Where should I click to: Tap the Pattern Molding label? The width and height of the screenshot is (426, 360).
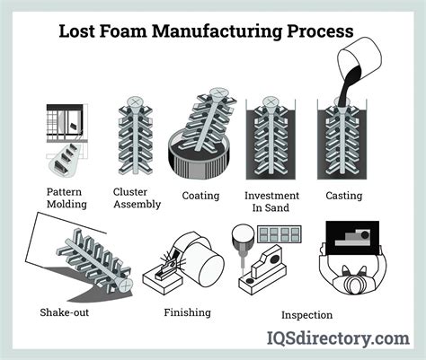coord(67,198)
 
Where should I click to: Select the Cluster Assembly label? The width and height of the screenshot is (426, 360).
coord(137,198)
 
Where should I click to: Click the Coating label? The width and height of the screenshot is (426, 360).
coord(200,196)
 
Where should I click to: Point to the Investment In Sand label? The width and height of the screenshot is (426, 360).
coord(272,202)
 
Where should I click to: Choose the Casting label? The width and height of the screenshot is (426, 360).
coord(344,196)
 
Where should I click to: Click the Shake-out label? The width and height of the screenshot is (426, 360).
coord(67,312)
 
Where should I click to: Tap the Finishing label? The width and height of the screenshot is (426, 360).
coord(187,312)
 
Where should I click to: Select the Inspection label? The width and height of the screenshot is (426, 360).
coord(306,314)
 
